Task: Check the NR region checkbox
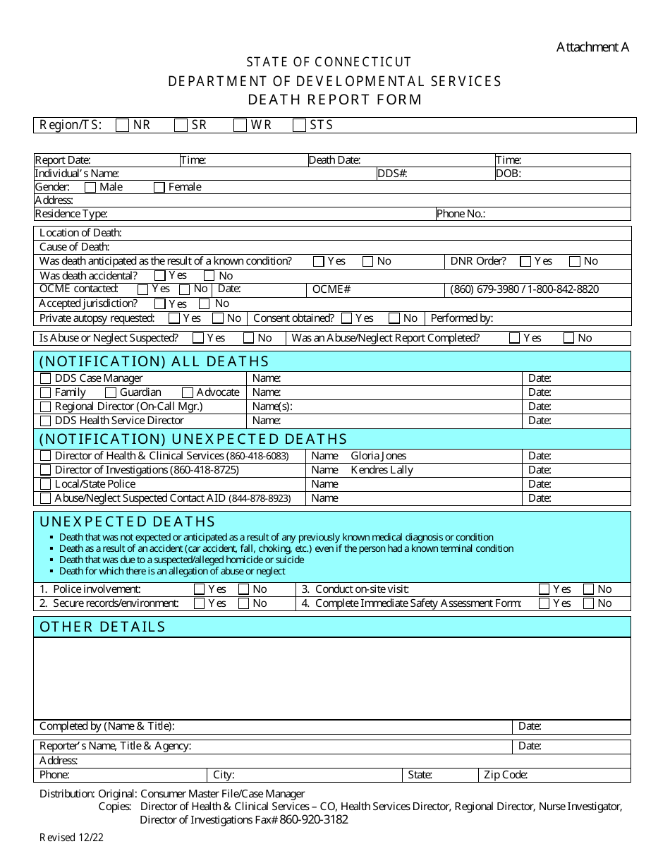pyautogui.click(x=123, y=125)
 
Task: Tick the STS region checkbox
pyautogui.click(x=299, y=125)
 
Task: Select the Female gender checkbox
pyautogui.click(x=159, y=187)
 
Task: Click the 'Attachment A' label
pyautogui.click(x=592, y=47)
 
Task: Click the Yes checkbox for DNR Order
pyautogui.click(x=525, y=261)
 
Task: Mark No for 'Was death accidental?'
pyautogui.click(x=209, y=276)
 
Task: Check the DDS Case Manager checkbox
pyautogui.click(x=46, y=378)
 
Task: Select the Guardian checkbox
pyautogui.click(x=111, y=392)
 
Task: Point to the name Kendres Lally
pyautogui.click(x=382, y=470)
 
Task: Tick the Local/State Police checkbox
pyautogui.click(x=46, y=484)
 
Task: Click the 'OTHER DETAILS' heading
pyautogui.click(x=102, y=627)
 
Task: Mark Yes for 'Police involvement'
pyautogui.click(x=199, y=589)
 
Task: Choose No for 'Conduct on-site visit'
pyautogui.click(x=588, y=589)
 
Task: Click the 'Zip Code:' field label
pyautogui.click(x=505, y=775)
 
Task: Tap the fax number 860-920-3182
pyautogui.click(x=314, y=820)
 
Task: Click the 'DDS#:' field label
pyautogui.click(x=392, y=174)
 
